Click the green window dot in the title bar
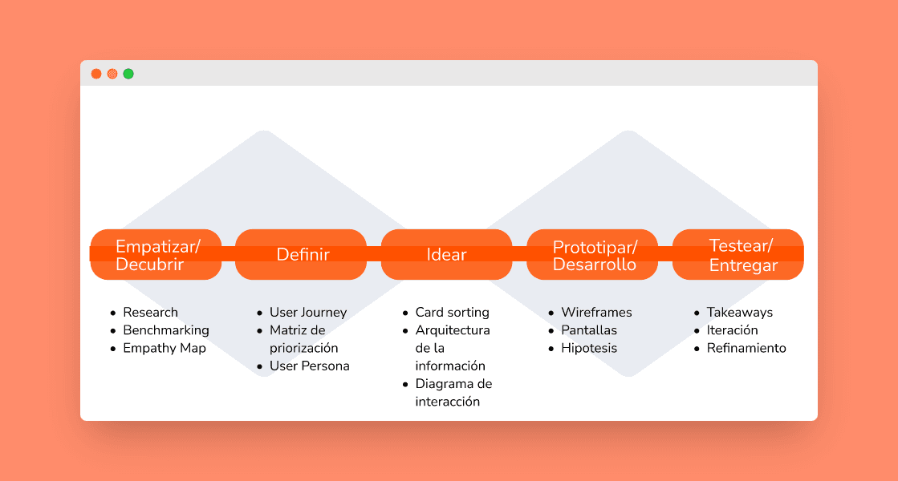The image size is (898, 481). (x=128, y=74)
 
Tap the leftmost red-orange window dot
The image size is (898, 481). (x=96, y=74)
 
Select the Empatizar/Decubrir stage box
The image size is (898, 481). (x=156, y=255)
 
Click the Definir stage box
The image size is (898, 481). (x=302, y=255)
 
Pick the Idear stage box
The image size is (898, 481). (x=446, y=255)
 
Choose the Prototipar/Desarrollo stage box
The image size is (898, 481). (x=593, y=255)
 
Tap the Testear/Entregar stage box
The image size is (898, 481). (x=738, y=255)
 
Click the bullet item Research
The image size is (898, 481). (x=150, y=313)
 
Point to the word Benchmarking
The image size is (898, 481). (x=165, y=330)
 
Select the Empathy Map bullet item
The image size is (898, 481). (x=164, y=349)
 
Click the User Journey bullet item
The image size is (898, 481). (x=308, y=313)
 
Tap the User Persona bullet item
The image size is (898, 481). (x=309, y=366)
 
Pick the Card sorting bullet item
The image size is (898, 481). (x=452, y=313)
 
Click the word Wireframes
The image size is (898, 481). (x=596, y=313)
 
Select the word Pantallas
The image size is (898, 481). (x=589, y=330)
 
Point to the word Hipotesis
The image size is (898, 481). (x=589, y=349)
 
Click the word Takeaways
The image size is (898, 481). (x=739, y=313)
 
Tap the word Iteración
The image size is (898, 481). (x=732, y=330)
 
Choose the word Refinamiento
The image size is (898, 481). (x=746, y=349)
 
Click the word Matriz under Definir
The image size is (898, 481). (x=286, y=330)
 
